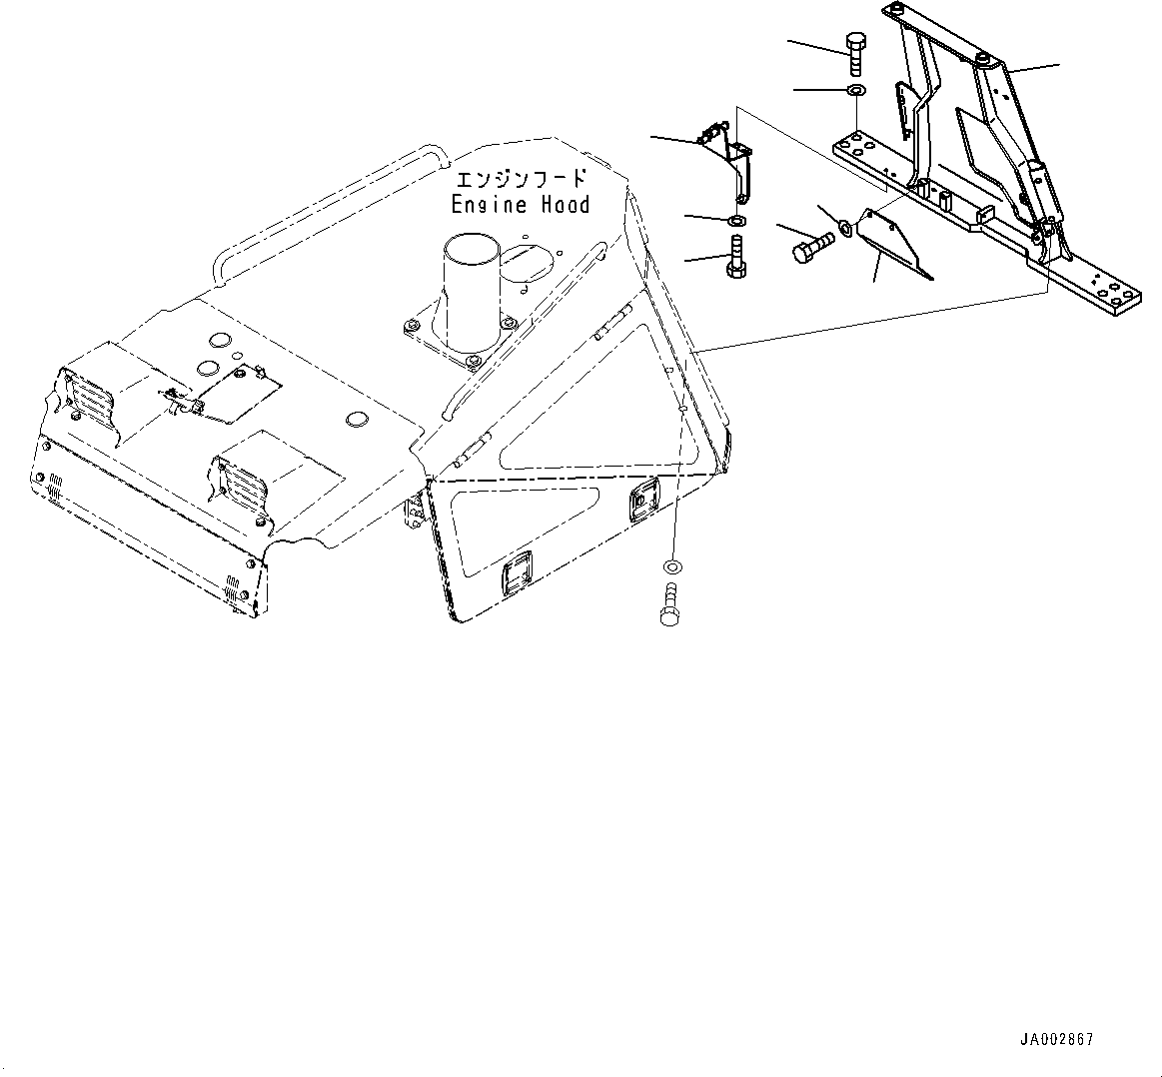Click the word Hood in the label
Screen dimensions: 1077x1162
coord(566,205)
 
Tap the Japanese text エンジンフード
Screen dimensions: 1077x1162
coord(520,181)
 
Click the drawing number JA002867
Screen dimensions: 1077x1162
coord(1056,1039)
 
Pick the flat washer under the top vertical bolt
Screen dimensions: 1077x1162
coord(856,92)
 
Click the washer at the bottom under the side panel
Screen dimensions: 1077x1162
coord(672,566)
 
